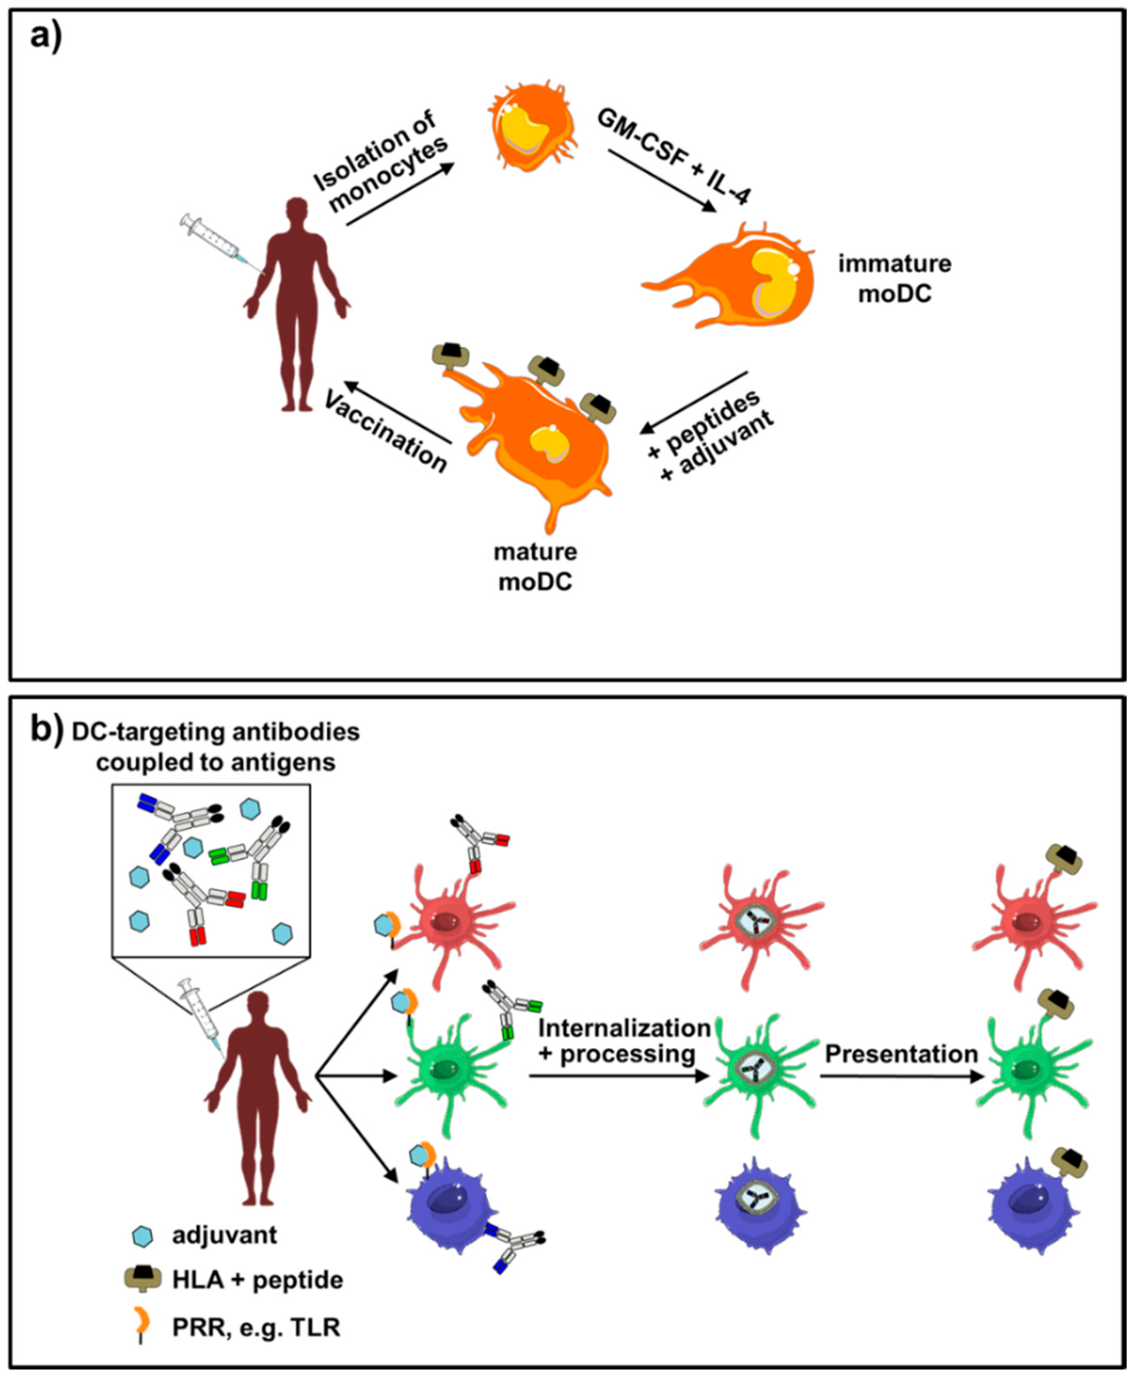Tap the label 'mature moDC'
536,567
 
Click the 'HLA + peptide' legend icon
143,1279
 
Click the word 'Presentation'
902,1054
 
